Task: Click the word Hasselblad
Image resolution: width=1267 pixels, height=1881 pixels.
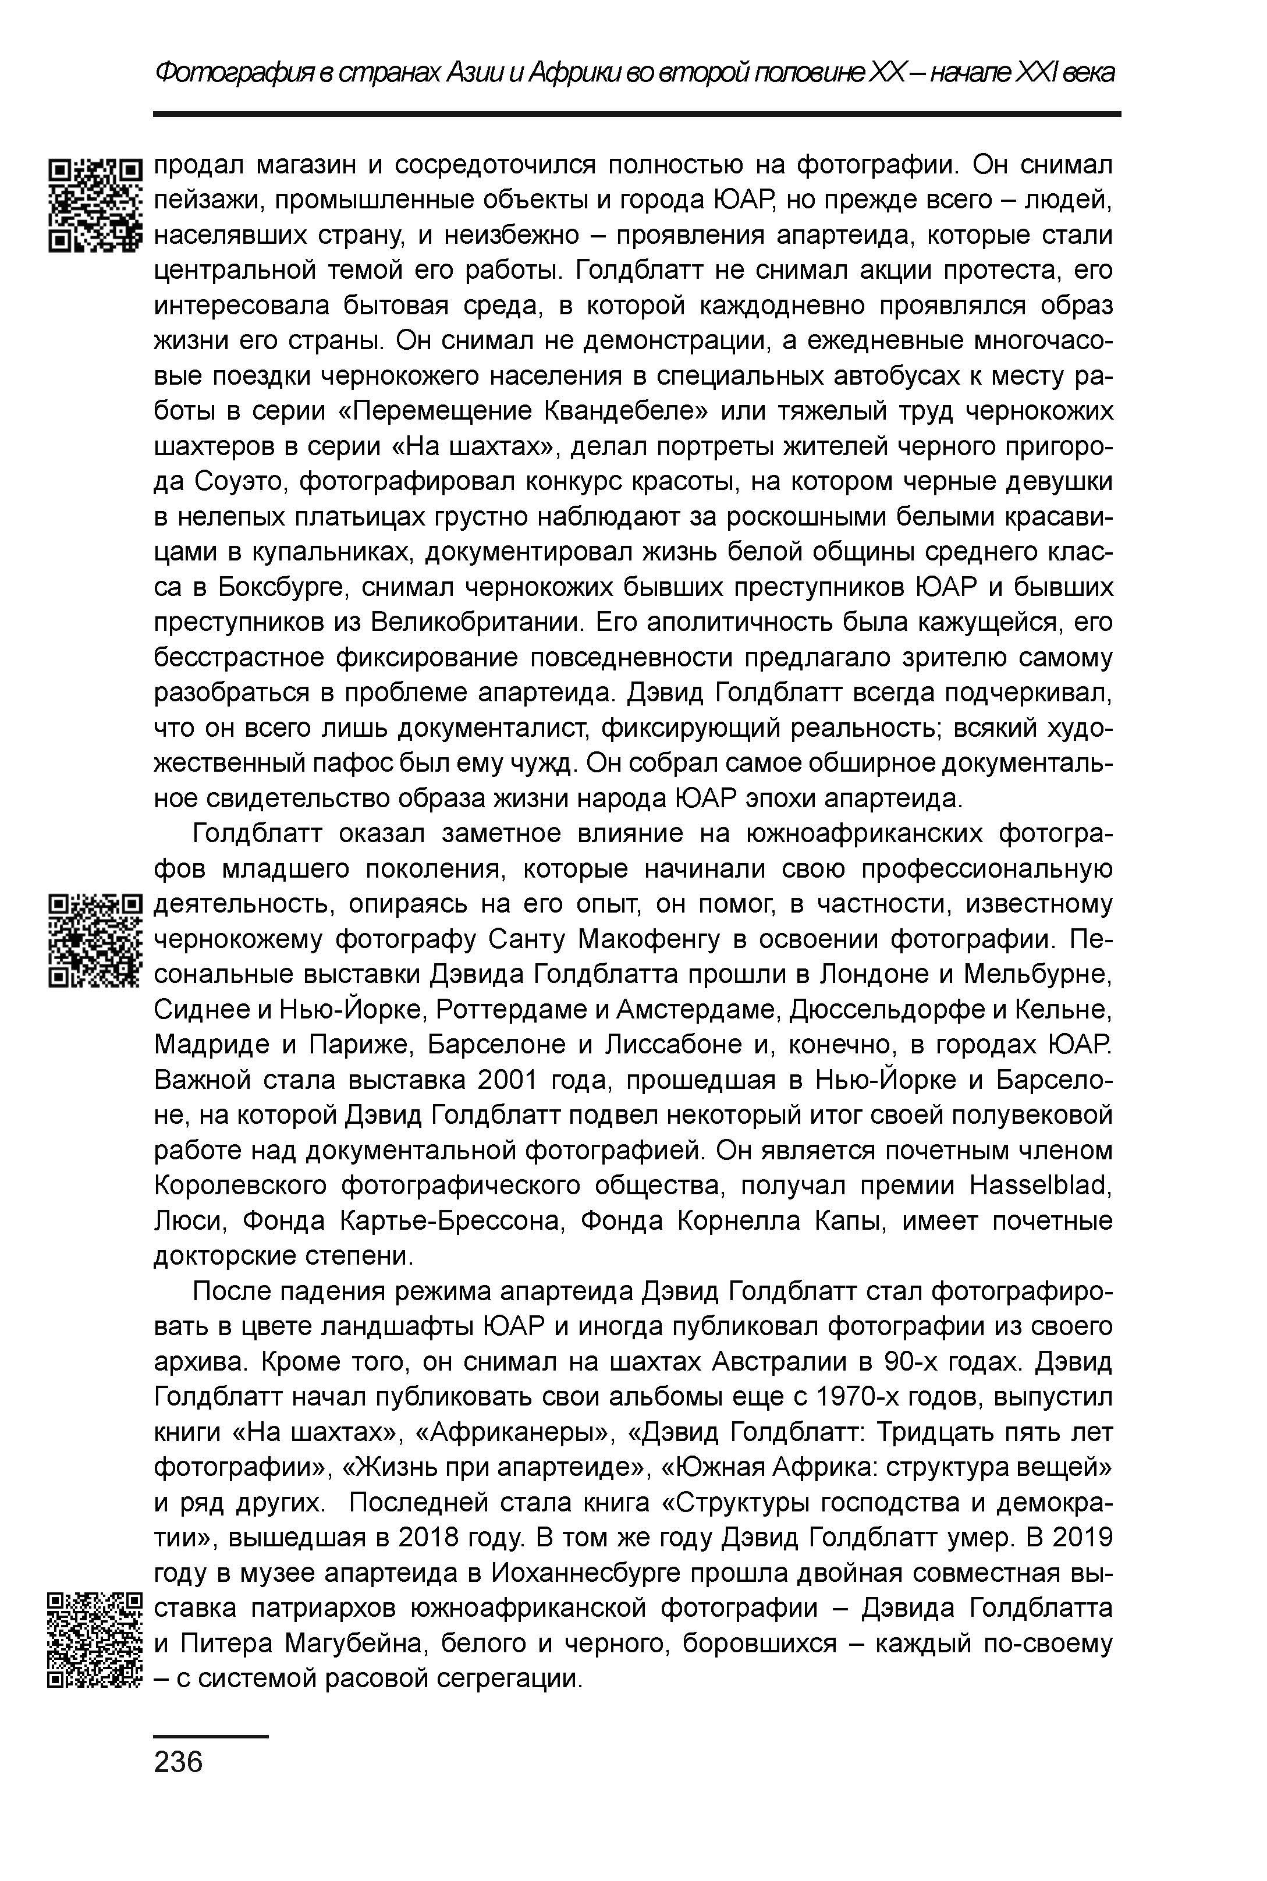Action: coord(1040,1186)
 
